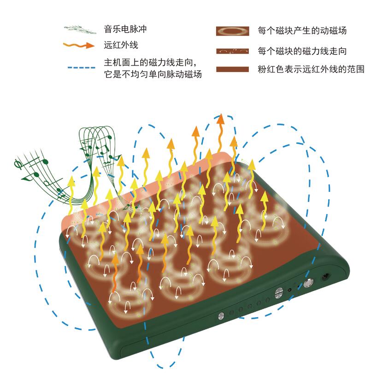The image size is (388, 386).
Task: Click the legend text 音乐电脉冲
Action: click(x=126, y=30)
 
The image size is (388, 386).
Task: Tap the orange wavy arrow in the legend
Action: click(x=81, y=45)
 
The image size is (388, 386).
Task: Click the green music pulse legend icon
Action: click(x=81, y=29)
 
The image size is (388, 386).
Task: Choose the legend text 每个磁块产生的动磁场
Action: click(x=302, y=31)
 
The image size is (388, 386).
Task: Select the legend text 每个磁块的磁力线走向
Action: click(x=302, y=50)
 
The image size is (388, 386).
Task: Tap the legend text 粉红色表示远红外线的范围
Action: click(x=312, y=70)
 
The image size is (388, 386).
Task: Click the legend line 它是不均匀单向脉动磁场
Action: click(x=153, y=73)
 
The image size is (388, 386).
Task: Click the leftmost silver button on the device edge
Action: click(x=221, y=315)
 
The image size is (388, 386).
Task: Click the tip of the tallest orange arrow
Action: click(x=221, y=118)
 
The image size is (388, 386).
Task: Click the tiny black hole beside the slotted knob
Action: click(x=290, y=290)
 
